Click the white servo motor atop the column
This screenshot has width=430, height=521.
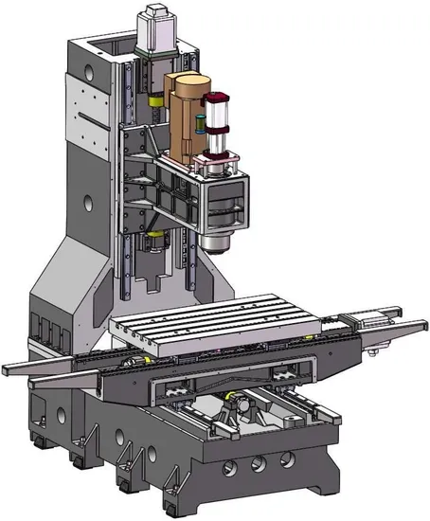click(153, 27)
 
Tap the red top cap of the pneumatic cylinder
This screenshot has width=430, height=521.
click(216, 98)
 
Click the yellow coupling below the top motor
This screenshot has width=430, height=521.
click(153, 98)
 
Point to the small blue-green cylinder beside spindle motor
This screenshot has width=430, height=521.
click(200, 121)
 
